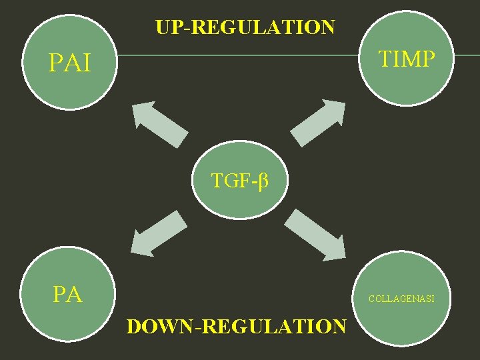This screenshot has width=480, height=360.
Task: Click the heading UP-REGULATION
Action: tap(245, 27)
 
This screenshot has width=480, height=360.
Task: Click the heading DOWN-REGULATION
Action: tap(237, 327)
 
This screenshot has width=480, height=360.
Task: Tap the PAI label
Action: tap(71, 63)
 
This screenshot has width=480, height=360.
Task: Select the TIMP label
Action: tap(407, 59)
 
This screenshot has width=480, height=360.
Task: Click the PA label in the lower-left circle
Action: tap(67, 294)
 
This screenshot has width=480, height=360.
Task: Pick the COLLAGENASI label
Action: tap(401, 299)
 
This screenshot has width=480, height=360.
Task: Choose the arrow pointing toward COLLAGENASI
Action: tap(319, 233)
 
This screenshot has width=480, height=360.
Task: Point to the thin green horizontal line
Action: tap(240, 55)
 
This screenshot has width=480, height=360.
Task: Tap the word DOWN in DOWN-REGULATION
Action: tap(159, 327)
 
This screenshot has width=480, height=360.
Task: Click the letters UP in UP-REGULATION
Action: tap(167, 27)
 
